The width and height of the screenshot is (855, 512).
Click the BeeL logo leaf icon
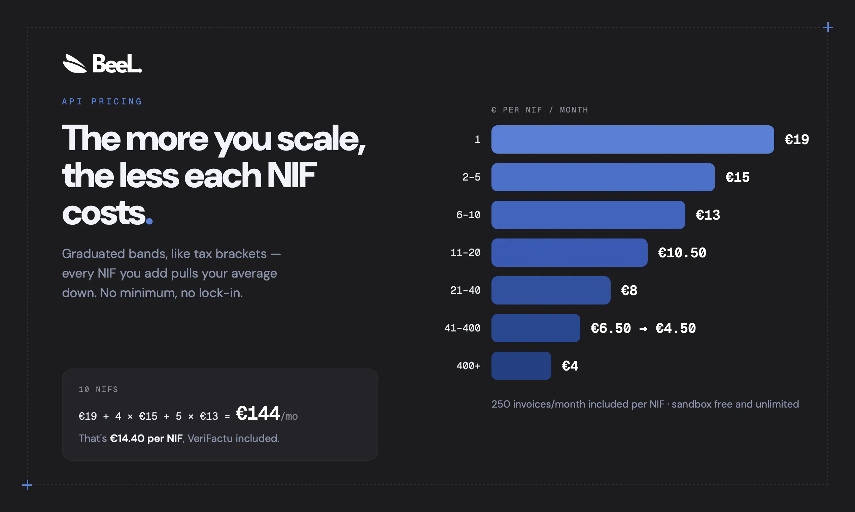pyautogui.click(x=74, y=64)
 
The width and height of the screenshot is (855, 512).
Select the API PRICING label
pyautogui.click(x=102, y=101)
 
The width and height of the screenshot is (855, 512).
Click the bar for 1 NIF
pyautogui.click(x=632, y=139)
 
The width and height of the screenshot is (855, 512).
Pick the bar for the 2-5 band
pyautogui.click(x=603, y=177)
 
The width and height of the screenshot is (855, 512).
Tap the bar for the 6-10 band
pyautogui.click(x=588, y=215)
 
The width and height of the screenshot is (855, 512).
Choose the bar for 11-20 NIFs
pyautogui.click(x=569, y=253)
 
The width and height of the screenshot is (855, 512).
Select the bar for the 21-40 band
pyautogui.click(x=551, y=290)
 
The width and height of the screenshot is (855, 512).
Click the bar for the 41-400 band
pyautogui.click(x=536, y=328)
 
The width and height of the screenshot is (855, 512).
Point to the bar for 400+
pyautogui.click(x=521, y=366)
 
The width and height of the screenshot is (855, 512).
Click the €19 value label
pyautogui.click(x=797, y=139)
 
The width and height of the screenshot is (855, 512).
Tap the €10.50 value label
pyautogui.click(x=682, y=253)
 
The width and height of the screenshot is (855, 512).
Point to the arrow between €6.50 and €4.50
pyautogui.click(x=643, y=329)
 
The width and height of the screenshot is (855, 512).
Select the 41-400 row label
pyautogui.click(x=462, y=328)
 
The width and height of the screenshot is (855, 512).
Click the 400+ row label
pyautogui.click(x=469, y=366)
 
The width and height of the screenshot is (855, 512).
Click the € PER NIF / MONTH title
pyautogui.click(x=540, y=110)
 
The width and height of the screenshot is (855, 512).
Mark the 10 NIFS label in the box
pyautogui.click(x=98, y=389)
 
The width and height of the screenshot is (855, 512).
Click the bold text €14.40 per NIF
pyautogui.click(x=146, y=438)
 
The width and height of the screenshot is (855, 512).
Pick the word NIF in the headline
pyautogui.click(x=291, y=175)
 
